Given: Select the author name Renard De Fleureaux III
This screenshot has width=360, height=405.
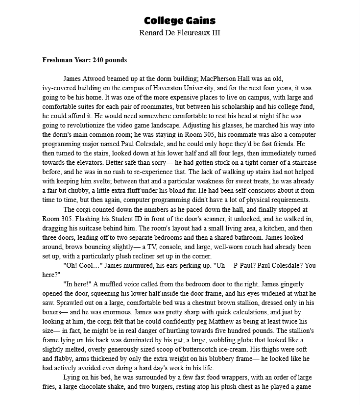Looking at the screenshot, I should coord(179,33).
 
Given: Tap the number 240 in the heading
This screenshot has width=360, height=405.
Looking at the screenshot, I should coord(94,60).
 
